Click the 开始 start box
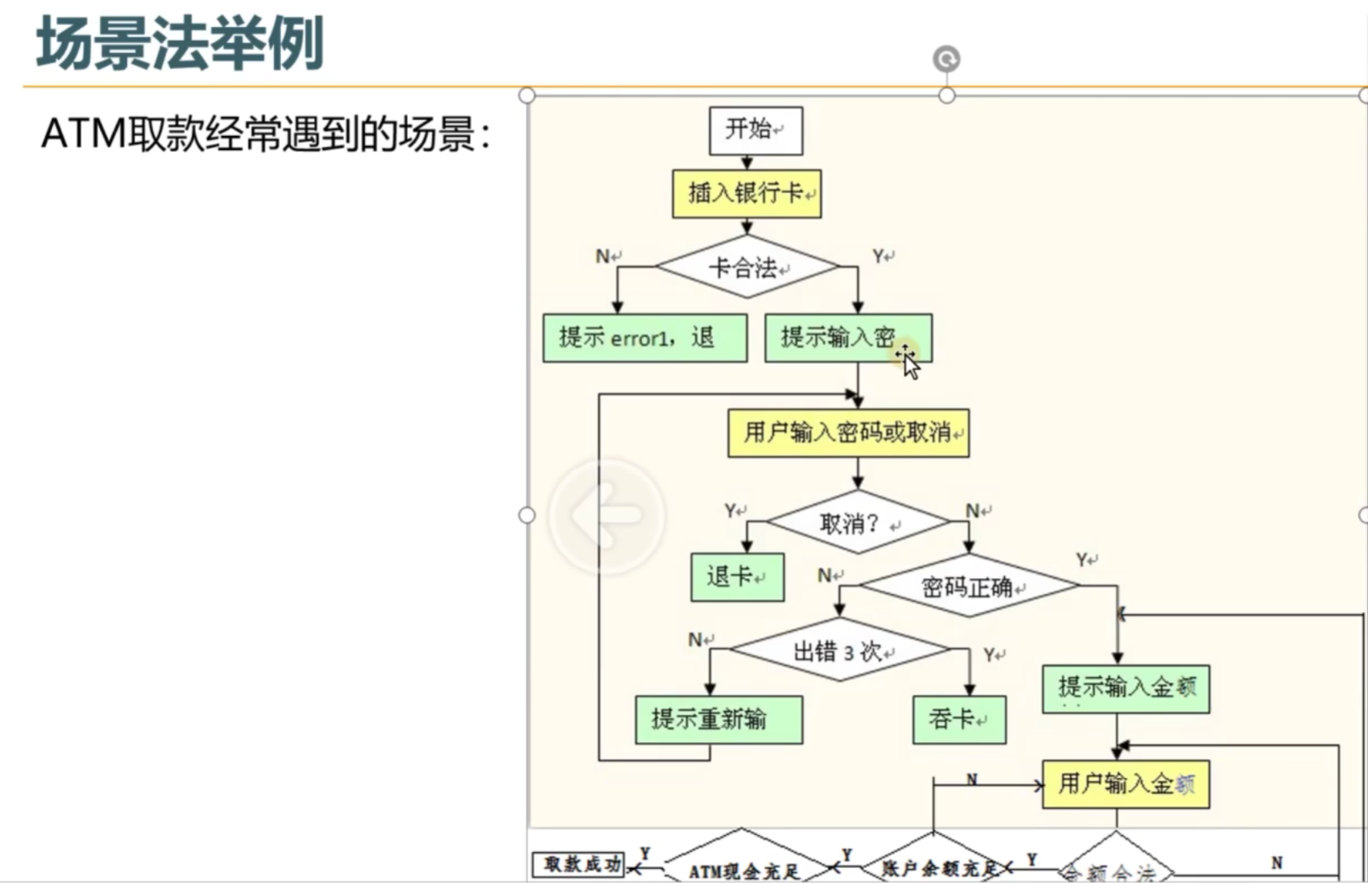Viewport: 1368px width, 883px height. coord(755,130)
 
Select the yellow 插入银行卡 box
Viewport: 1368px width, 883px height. coord(747,194)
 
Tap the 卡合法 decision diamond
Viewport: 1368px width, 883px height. coord(747,267)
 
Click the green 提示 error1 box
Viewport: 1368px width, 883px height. coord(645,338)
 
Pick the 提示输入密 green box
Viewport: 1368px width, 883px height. coord(848,338)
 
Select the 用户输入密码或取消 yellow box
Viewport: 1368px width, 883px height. coord(848,433)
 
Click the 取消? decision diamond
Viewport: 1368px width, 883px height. coord(858,523)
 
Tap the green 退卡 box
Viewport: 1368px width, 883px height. coord(737,576)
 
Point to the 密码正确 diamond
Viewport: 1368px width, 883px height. coord(969,586)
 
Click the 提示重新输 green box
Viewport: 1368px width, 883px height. coord(719,719)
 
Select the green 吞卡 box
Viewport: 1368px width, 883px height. coord(959,719)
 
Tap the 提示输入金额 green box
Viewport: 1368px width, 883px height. coord(1125,689)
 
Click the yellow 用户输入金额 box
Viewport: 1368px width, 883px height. coord(1125,785)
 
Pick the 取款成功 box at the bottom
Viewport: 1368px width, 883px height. coord(579,865)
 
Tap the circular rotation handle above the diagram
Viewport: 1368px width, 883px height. coord(947,59)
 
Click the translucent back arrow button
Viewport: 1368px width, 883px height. coord(606,515)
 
